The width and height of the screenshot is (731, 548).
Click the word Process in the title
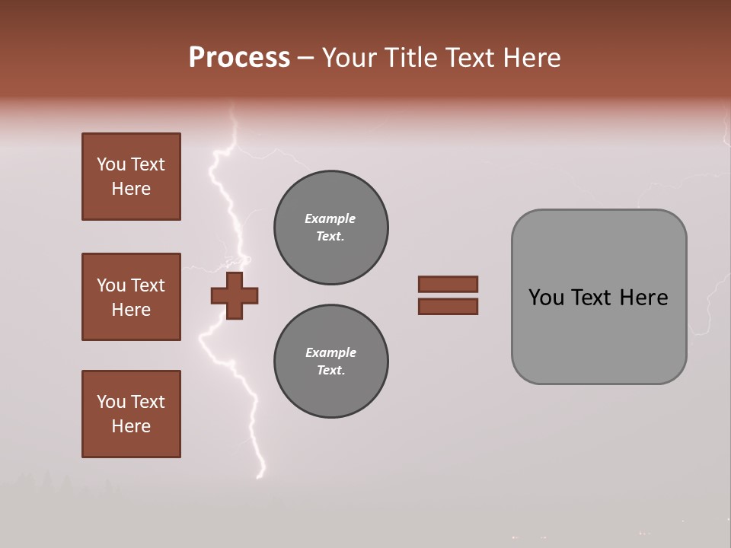[x=239, y=57]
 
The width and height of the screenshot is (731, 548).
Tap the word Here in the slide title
[x=531, y=57]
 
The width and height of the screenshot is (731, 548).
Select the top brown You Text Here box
[x=131, y=177]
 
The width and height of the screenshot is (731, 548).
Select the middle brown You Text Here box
[x=131, y=297]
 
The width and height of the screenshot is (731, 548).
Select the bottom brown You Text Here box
[x=131, y=414]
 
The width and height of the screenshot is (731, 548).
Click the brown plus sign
[x=235, y=295]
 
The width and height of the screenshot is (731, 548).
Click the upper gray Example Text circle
[x=330, y=228]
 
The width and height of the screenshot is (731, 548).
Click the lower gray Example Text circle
[x=330, y=362]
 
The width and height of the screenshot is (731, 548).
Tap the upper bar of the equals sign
[x=448, y=284]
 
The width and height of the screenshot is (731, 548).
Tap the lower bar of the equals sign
[x=448, y=307]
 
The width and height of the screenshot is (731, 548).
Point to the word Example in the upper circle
[x=330, y=218]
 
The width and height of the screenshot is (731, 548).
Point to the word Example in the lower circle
[x=330, y=352]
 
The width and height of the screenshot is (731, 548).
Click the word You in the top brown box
[x=110, y=164]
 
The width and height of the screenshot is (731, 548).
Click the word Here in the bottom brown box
[x=131, y=426]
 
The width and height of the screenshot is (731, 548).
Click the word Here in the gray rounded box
[x=643, y=298]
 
